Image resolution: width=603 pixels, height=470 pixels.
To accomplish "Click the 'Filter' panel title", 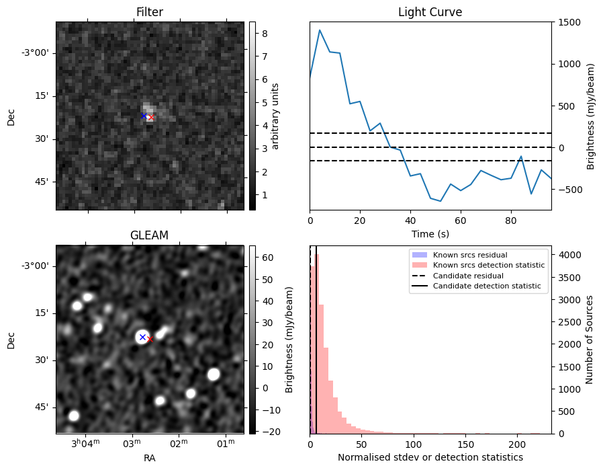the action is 150,12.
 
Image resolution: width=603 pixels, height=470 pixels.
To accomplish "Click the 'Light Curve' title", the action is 430,12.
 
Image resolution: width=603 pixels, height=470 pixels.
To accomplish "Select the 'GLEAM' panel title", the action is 149,235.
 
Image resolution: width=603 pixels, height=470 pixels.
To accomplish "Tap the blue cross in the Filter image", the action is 144,116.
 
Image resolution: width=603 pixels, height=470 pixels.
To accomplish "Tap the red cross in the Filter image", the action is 150,118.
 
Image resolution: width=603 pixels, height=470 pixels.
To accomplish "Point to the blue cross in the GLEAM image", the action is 142,337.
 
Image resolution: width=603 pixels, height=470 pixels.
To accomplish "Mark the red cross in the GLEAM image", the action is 150,339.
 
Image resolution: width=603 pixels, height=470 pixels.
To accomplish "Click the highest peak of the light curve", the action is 320,30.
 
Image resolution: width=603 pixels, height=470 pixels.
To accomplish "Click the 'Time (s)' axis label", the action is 430,234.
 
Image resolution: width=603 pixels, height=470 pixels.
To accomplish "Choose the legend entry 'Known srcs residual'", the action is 470,255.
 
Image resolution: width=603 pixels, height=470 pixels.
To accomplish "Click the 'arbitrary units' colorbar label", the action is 275,116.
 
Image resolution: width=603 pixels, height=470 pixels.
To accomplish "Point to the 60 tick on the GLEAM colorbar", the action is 268,258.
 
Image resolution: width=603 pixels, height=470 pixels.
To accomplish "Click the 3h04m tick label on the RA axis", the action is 85,443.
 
